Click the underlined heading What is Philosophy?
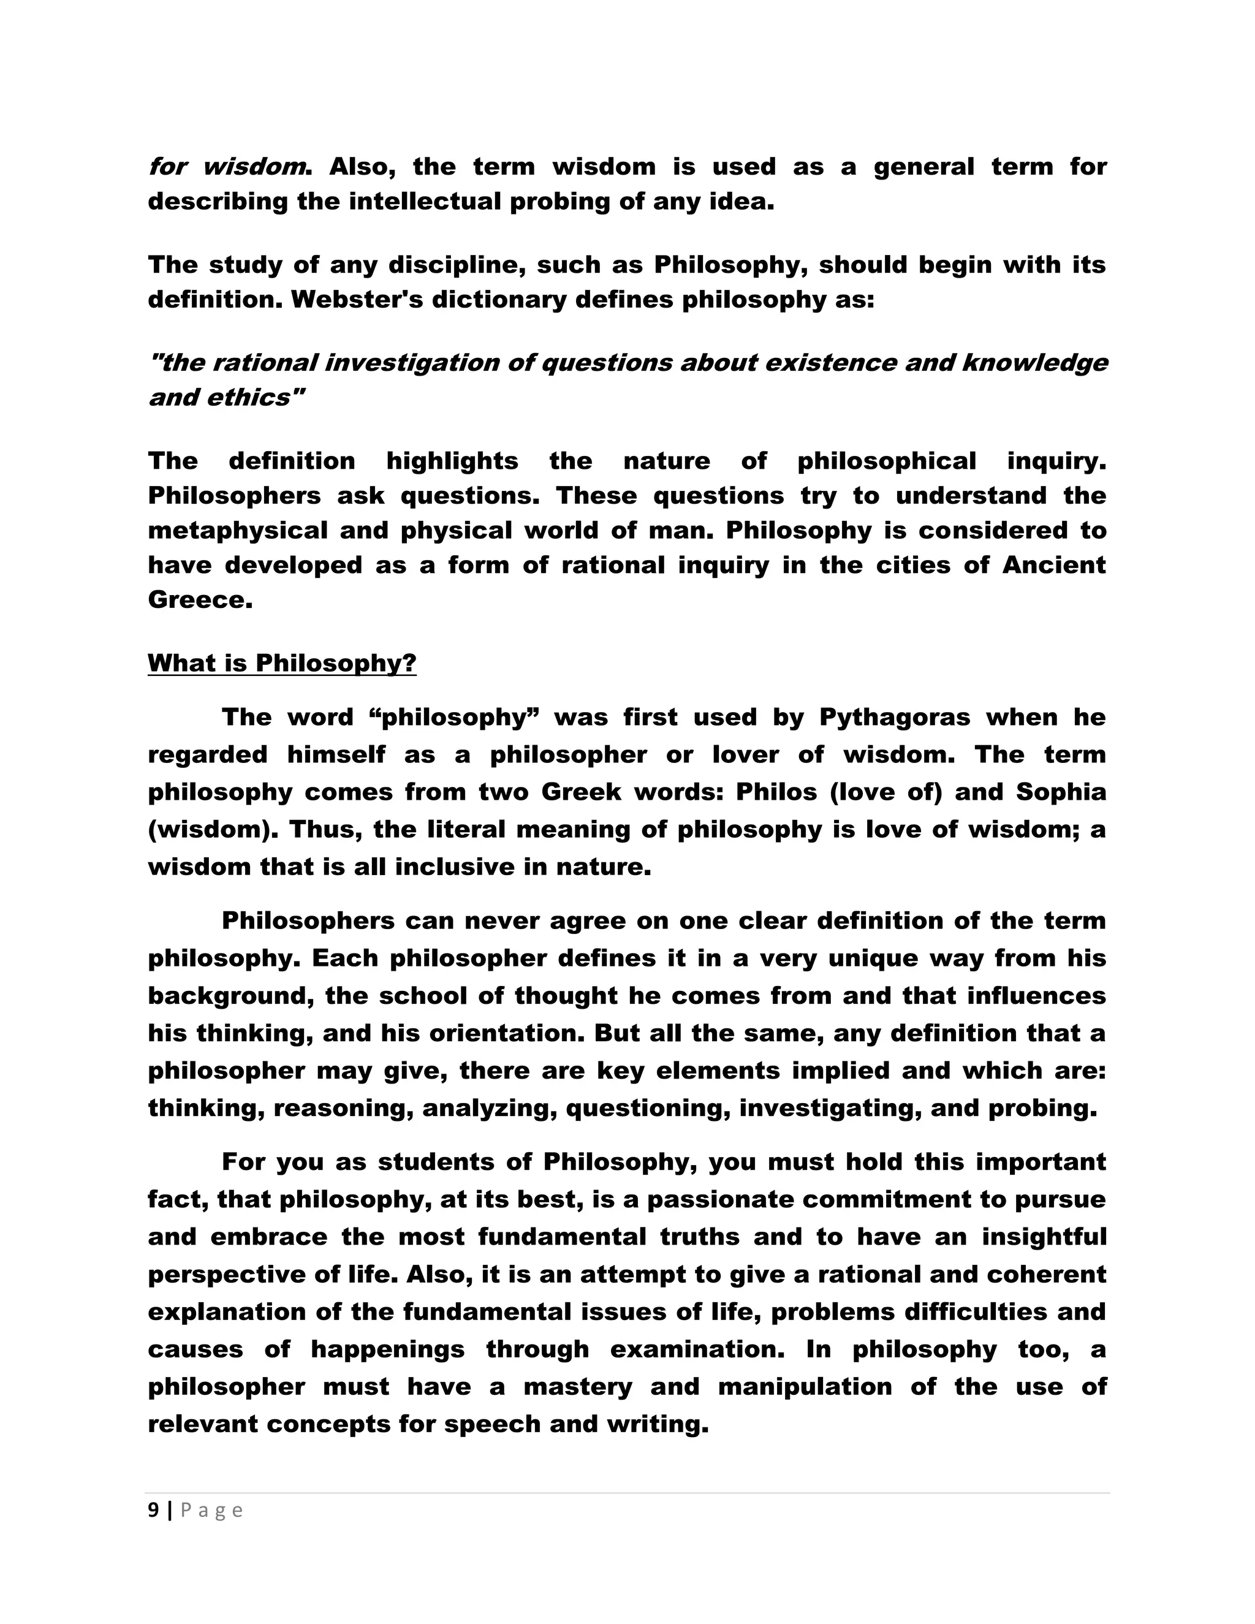282,662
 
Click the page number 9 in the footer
153,1510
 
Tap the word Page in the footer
212,1510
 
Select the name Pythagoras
895,718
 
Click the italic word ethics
248,398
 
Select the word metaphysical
237,531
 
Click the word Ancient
1053,565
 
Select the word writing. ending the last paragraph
658,1424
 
